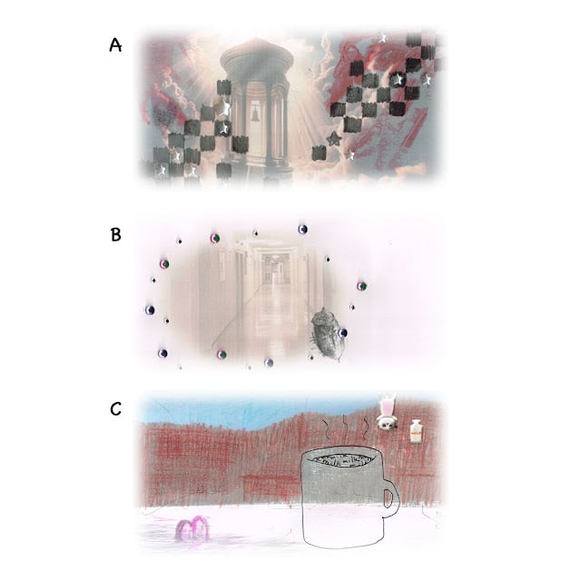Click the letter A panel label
(x=115, y=45)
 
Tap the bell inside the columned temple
(x=255, y=114)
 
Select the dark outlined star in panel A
(x=334, y=139)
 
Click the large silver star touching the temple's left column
(x=223, y=106)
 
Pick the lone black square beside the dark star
(x=320, y=153)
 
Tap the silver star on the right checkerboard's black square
(x=398, y=79)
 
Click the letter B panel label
(x=116, y=234)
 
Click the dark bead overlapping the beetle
(x=343, y=332)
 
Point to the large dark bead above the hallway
(x=302, y=230)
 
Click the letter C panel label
(x=116, y=409)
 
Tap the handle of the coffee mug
(x=391, y=497)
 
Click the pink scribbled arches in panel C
(x=193, y=527)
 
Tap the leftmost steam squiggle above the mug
(x=326, y=428)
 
